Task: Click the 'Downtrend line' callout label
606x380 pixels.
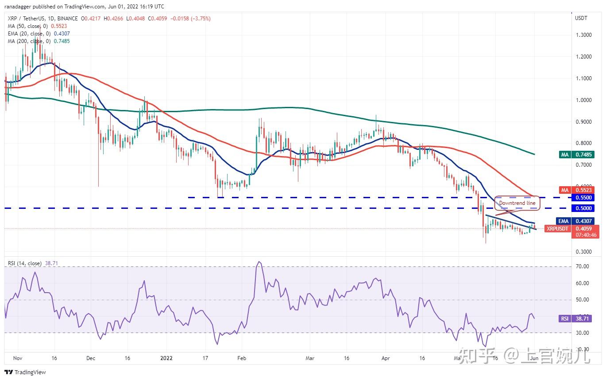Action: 517,203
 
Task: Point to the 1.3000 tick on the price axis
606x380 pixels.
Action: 583,35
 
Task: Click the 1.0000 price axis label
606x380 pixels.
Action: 583,100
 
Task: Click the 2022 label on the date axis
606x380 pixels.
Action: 167,358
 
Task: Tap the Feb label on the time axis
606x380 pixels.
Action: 241,358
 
